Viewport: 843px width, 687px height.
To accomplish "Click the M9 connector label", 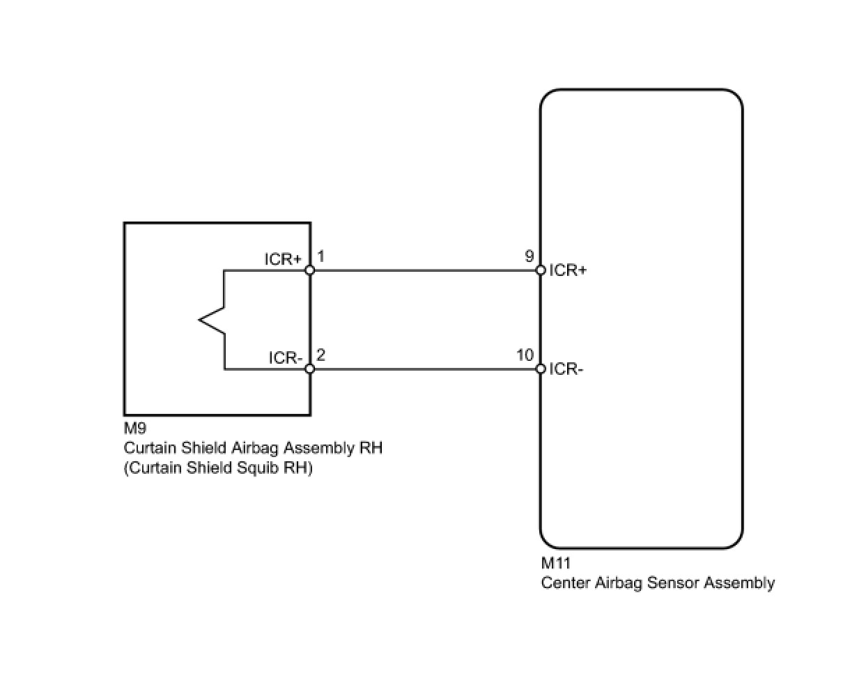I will [x=135, y=429].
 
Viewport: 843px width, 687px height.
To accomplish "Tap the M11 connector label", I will [x=555, y=563].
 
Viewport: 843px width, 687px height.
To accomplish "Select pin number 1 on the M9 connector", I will [x=320, y=257].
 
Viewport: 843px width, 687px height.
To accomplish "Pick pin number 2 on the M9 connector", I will [x=320, y=355].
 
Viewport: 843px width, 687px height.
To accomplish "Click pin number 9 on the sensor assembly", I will [x=529, y=256].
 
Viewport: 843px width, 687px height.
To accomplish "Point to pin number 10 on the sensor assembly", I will [x=525, y=355].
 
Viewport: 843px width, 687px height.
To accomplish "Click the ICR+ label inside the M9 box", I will [x=283, y=259].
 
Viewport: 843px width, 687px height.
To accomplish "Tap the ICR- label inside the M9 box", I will [x=286, y=358].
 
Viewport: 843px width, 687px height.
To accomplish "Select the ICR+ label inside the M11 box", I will [x=568, y=270].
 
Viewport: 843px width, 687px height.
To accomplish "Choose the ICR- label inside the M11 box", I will [x=566, y=369].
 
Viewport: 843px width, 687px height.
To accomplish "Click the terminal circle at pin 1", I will [x=310, y=270].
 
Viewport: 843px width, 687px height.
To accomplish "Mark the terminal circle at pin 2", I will [x=310, y=369].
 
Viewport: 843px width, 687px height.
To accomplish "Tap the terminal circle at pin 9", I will [x=540, y=270].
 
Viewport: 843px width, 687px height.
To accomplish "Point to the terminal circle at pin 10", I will [x=540, y=369].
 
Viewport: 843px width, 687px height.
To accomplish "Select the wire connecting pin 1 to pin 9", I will [x=425, y=270].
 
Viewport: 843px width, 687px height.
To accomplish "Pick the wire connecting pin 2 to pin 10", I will [x=425, y=369].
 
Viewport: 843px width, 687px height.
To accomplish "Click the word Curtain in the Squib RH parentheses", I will [x=150, y=468].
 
